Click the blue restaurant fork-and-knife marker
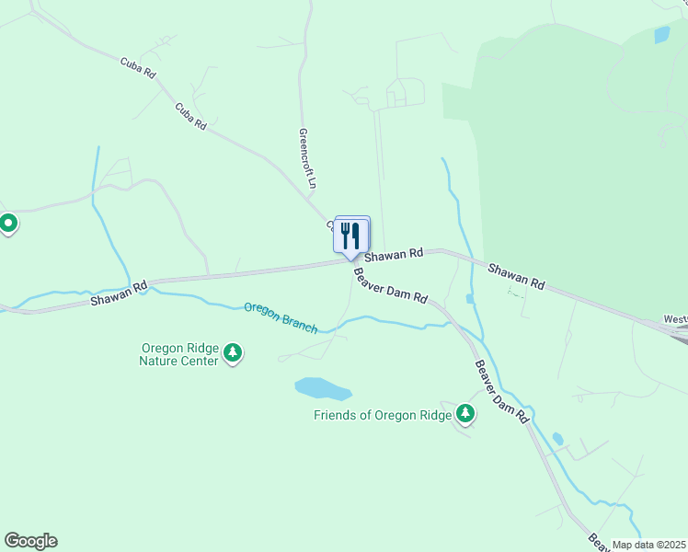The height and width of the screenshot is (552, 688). point(350,236)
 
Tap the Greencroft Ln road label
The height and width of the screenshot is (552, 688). point(307,158)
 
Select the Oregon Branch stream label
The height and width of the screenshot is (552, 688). point(281,317)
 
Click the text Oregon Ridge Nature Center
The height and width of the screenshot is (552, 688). point(179,354)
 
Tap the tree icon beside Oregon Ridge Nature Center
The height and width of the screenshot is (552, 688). point(234,353)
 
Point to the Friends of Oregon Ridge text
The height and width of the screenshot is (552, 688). point(383,415)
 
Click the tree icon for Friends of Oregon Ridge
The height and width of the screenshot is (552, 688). point(465,414)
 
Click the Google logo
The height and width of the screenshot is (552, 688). point(30,541)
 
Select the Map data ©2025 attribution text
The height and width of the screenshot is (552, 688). point(648,545)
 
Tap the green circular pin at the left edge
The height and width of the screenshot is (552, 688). point(8,223)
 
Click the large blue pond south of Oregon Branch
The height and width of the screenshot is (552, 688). point(323,388)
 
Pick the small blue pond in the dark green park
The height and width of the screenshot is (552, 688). point(661,35)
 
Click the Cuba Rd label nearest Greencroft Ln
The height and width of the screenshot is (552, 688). point(191,115)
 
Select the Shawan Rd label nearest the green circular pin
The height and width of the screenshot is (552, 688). point(120,293)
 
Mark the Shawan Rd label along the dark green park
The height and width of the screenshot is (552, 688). point(516,278)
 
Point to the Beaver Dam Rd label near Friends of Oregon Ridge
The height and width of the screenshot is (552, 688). point(502,390)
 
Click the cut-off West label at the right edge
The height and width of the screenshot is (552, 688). point(675,320)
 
